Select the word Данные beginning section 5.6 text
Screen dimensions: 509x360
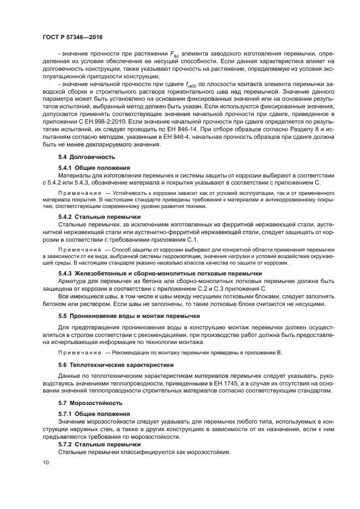click(70, 377)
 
